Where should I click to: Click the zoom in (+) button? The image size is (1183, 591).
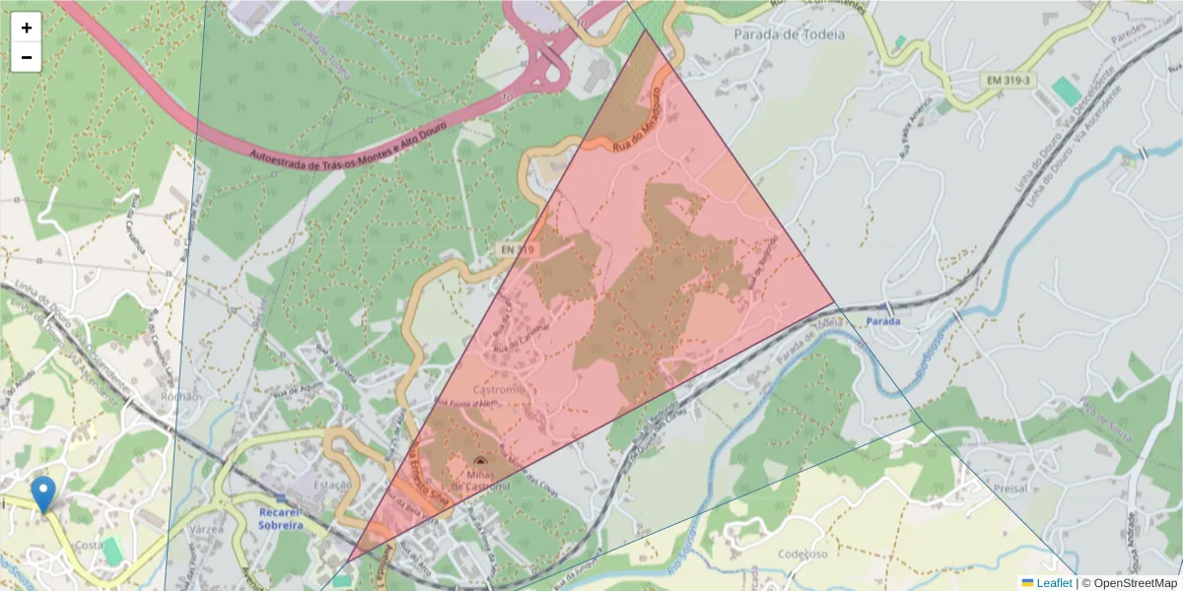pos(27,28)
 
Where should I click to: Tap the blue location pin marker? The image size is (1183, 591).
pos(43,493)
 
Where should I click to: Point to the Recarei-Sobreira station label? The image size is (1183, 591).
pos(281,519)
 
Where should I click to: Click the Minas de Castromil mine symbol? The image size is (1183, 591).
pos(480,460)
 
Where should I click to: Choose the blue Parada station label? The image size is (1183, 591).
pos(883,321)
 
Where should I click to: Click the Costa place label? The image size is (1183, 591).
pos(89,545)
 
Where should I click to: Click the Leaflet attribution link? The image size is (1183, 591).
pos(1054,583)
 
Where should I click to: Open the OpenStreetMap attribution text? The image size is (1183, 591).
pos(1129,583)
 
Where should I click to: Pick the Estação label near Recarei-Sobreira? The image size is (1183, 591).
pos(331,485)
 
